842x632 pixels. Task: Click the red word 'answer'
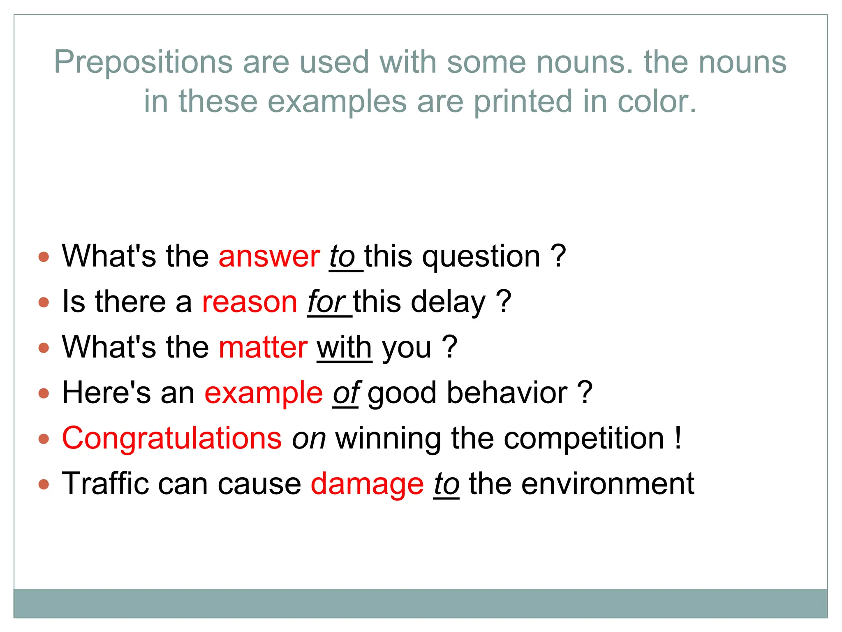269,257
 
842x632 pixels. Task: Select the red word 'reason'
250,302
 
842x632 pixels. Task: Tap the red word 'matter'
263,348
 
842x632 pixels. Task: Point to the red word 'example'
264,393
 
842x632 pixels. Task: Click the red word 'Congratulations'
172,439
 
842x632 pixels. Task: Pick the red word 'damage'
367,484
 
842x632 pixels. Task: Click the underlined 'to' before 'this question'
342,257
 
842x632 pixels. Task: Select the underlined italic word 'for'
326,302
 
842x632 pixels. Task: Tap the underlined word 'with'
344,348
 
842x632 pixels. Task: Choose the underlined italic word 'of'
346,393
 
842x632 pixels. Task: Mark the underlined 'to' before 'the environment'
446,484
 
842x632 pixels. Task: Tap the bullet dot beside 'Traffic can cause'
44,484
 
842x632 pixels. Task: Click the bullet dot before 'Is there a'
44,302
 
